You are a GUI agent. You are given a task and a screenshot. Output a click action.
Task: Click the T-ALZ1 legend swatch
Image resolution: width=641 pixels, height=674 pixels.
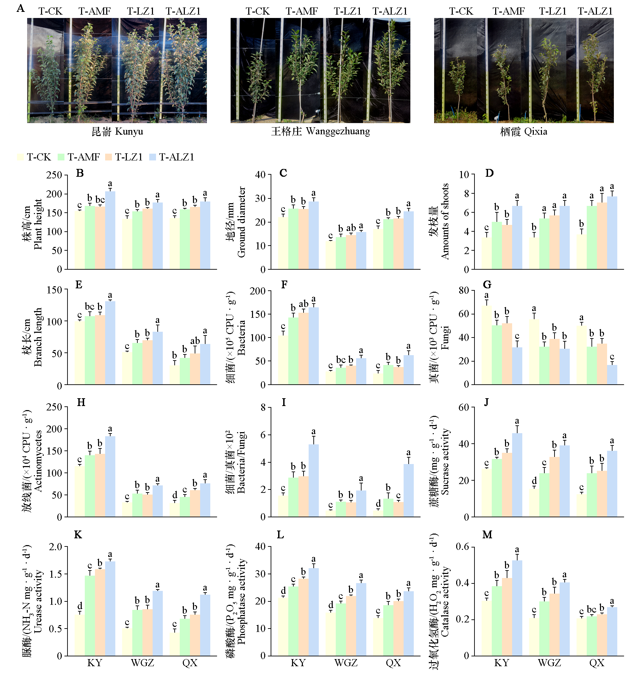(x=153, y=157)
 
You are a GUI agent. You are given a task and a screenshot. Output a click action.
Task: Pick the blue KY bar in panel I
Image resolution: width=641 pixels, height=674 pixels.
(x=313, y=480)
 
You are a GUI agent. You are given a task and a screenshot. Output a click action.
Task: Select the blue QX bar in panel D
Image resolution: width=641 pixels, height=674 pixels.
(x=612, y=232)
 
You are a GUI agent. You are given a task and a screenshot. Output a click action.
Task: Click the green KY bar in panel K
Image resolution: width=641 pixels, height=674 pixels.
(x=90, y=615)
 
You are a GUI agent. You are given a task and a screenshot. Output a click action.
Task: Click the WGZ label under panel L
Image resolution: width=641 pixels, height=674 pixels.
(x=346, y=663)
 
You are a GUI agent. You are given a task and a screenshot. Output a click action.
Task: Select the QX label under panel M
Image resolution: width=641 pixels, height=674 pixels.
(x=597, y=663)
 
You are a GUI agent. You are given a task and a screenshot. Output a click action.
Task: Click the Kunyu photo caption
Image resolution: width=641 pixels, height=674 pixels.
(x=117, y=132)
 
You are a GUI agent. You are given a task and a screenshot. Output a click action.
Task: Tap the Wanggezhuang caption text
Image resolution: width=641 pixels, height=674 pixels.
(x=320, y=132)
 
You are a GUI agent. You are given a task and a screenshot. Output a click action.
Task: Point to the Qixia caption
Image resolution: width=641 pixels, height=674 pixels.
(x=523, y=132)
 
